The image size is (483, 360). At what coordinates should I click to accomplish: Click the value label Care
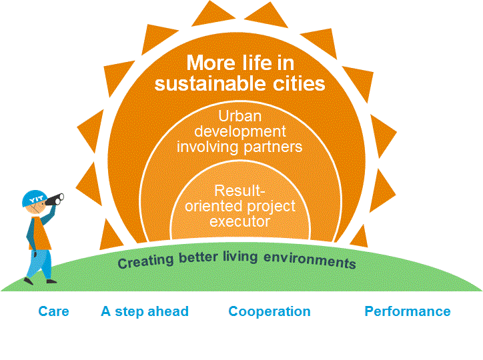coord(53,311)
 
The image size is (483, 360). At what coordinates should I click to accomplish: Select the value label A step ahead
coord(145,311)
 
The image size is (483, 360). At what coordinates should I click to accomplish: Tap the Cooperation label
coord(270,312)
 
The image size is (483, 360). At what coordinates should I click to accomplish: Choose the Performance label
coord(408,311)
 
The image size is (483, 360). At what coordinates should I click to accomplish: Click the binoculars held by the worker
coord(55,199)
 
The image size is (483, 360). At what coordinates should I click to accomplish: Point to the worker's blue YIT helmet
coord(35,198)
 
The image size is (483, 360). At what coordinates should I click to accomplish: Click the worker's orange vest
coord(40,233)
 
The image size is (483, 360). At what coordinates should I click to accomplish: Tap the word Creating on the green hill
coord(145,261)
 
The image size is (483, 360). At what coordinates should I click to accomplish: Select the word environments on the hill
coord(310,260)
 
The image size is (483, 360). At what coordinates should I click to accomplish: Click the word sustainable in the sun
coord(209,84)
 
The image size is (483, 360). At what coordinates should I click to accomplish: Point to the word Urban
coord(240,116)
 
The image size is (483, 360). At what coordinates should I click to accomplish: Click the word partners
coord(273,147)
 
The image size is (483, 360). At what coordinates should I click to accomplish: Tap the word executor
coord(240,221)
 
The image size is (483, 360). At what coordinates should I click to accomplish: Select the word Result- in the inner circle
coord(239,191)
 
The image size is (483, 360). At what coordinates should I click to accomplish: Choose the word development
coord(240,132)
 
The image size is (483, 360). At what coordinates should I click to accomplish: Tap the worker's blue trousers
coord(40,264)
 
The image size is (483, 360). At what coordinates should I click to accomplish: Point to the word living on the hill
coord(241,257)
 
